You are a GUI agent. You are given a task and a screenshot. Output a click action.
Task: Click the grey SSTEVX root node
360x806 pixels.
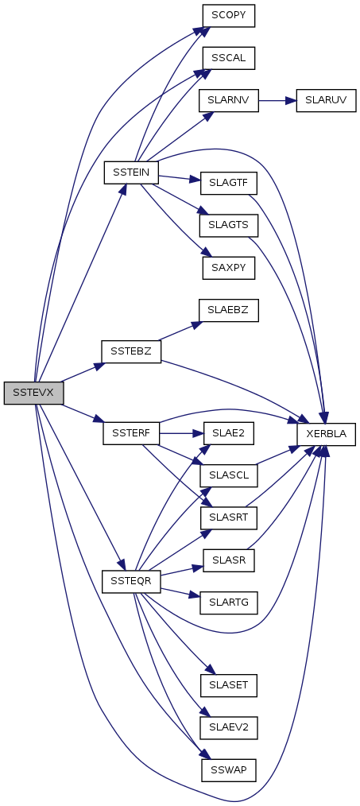33,393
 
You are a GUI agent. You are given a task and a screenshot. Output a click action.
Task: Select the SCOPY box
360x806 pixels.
229,17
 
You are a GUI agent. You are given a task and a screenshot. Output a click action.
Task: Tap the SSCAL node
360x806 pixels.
229,58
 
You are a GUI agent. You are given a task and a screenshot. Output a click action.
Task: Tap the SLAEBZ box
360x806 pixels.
229,311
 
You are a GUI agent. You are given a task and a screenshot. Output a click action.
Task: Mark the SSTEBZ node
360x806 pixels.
132,351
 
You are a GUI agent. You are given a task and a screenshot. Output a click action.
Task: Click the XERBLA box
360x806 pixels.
326,434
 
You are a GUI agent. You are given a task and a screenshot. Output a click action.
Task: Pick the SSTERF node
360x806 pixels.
132,433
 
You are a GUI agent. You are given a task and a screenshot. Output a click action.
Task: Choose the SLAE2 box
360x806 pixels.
229,433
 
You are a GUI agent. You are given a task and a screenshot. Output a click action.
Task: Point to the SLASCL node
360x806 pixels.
229,475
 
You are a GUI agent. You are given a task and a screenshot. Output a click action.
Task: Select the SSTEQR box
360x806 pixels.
132,581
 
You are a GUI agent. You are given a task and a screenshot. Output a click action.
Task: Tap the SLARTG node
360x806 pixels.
229,602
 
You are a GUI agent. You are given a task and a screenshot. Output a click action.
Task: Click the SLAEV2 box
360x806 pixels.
229,727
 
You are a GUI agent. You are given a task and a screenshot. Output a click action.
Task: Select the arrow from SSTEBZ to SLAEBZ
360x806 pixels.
179,331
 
